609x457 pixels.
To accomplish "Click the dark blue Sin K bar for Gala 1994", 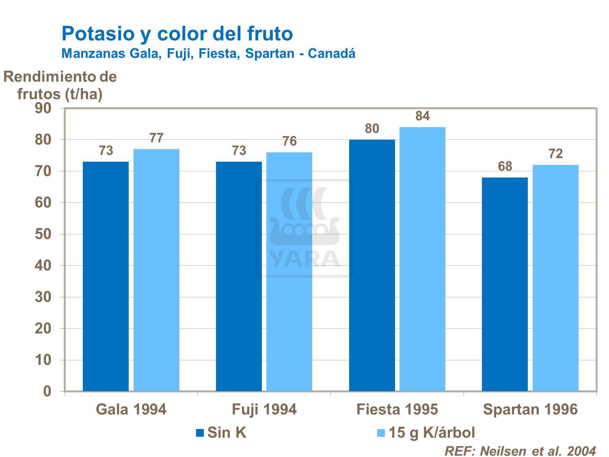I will click(x=106, y=276).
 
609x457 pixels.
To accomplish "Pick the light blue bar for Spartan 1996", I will click(x=555, y=278).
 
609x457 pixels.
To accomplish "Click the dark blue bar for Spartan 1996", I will click(x=505, y=284).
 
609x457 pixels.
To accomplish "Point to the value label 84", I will click(x=422, y=117).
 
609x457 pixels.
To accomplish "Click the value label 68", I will click(x=505, y=167).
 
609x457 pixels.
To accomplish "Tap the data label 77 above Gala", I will click(x=156, y=139).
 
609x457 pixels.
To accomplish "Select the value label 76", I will click(x=289, y=141).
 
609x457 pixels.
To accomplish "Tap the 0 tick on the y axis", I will click(x=47, y=392).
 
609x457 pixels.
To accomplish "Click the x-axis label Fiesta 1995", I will click(x=397, y=409).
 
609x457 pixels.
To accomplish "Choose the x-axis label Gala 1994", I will click(x=131, y=409).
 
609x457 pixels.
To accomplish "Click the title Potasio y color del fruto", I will click(x=177, y=33).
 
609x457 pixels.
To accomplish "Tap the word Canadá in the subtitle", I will click(x=331, y=54).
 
